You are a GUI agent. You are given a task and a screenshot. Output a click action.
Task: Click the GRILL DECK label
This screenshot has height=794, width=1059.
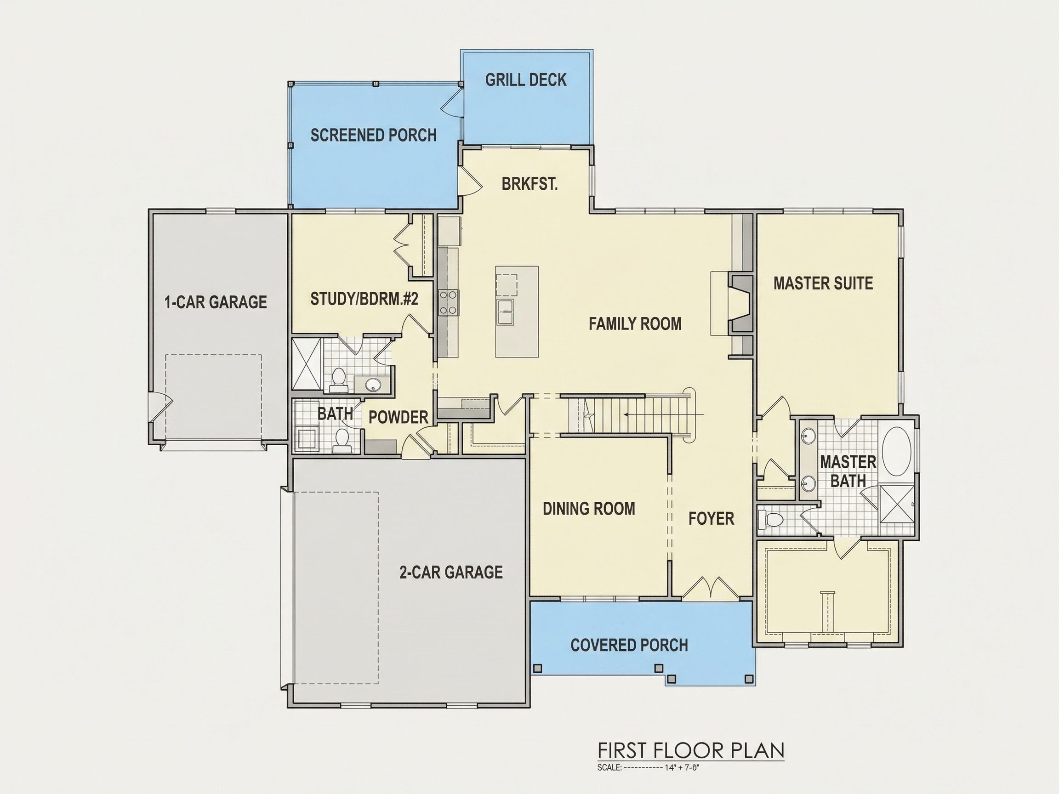(526, 80)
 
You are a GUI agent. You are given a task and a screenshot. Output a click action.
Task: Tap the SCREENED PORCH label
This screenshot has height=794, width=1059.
(373, 136)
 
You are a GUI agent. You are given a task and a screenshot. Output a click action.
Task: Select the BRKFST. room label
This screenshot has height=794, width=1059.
(529, 184)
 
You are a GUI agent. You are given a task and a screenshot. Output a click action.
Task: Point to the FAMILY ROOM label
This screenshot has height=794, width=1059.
(635, 324)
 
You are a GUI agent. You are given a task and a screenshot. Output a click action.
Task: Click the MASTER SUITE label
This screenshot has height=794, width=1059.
(823, 284)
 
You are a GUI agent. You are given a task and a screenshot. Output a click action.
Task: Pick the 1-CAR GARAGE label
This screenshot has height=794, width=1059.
(216, 302)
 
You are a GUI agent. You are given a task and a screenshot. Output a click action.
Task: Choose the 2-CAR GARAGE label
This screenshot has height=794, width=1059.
(451, 572)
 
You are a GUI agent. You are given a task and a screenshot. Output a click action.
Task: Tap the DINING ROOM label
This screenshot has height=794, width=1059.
(589, 509)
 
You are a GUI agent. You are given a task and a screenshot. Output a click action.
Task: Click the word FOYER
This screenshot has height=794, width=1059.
(711, 518)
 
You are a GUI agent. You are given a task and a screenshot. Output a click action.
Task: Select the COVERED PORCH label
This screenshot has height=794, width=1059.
(629, 645)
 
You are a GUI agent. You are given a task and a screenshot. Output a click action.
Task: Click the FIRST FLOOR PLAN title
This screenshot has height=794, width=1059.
(691, 750)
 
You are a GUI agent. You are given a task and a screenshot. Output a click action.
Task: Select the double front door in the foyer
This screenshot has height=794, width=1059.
(711, 589)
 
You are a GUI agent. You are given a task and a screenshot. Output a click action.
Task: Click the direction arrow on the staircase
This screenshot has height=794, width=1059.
(664, 414)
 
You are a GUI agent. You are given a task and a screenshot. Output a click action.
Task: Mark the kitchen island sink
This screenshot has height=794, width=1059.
(506, 312)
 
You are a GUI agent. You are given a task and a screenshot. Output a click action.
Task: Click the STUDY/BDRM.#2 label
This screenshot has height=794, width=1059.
(364, 299)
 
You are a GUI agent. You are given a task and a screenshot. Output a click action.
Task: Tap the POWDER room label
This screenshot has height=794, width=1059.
(399, 417)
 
